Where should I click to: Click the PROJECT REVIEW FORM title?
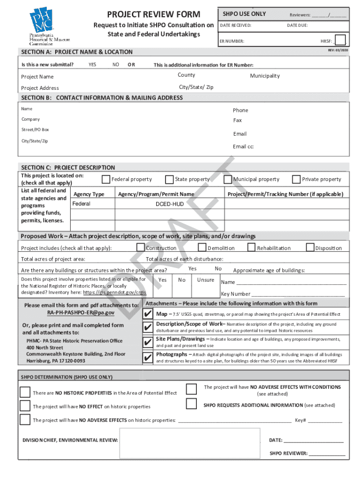point(154,15)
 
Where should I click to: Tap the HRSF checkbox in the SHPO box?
point(340,40)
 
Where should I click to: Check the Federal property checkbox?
point(106,179)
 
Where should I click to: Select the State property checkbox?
point(169,179)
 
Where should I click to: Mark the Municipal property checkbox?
point(228,179)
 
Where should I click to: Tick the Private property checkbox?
point(296,179)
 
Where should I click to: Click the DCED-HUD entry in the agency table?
point(170,204)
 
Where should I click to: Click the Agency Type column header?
point(89,194)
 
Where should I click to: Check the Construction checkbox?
point(140,247)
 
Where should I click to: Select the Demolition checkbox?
point(202,247)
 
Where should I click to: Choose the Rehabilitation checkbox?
point(252,247)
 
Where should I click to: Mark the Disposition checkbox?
point(310,247)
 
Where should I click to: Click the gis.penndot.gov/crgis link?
point(115,292)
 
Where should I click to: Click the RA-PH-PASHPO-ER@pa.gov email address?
point(80,312)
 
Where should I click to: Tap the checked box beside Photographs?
point(148,358)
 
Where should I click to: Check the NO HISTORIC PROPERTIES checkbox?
point(25,392)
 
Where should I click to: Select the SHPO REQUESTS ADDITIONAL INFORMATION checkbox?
point(191,404)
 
